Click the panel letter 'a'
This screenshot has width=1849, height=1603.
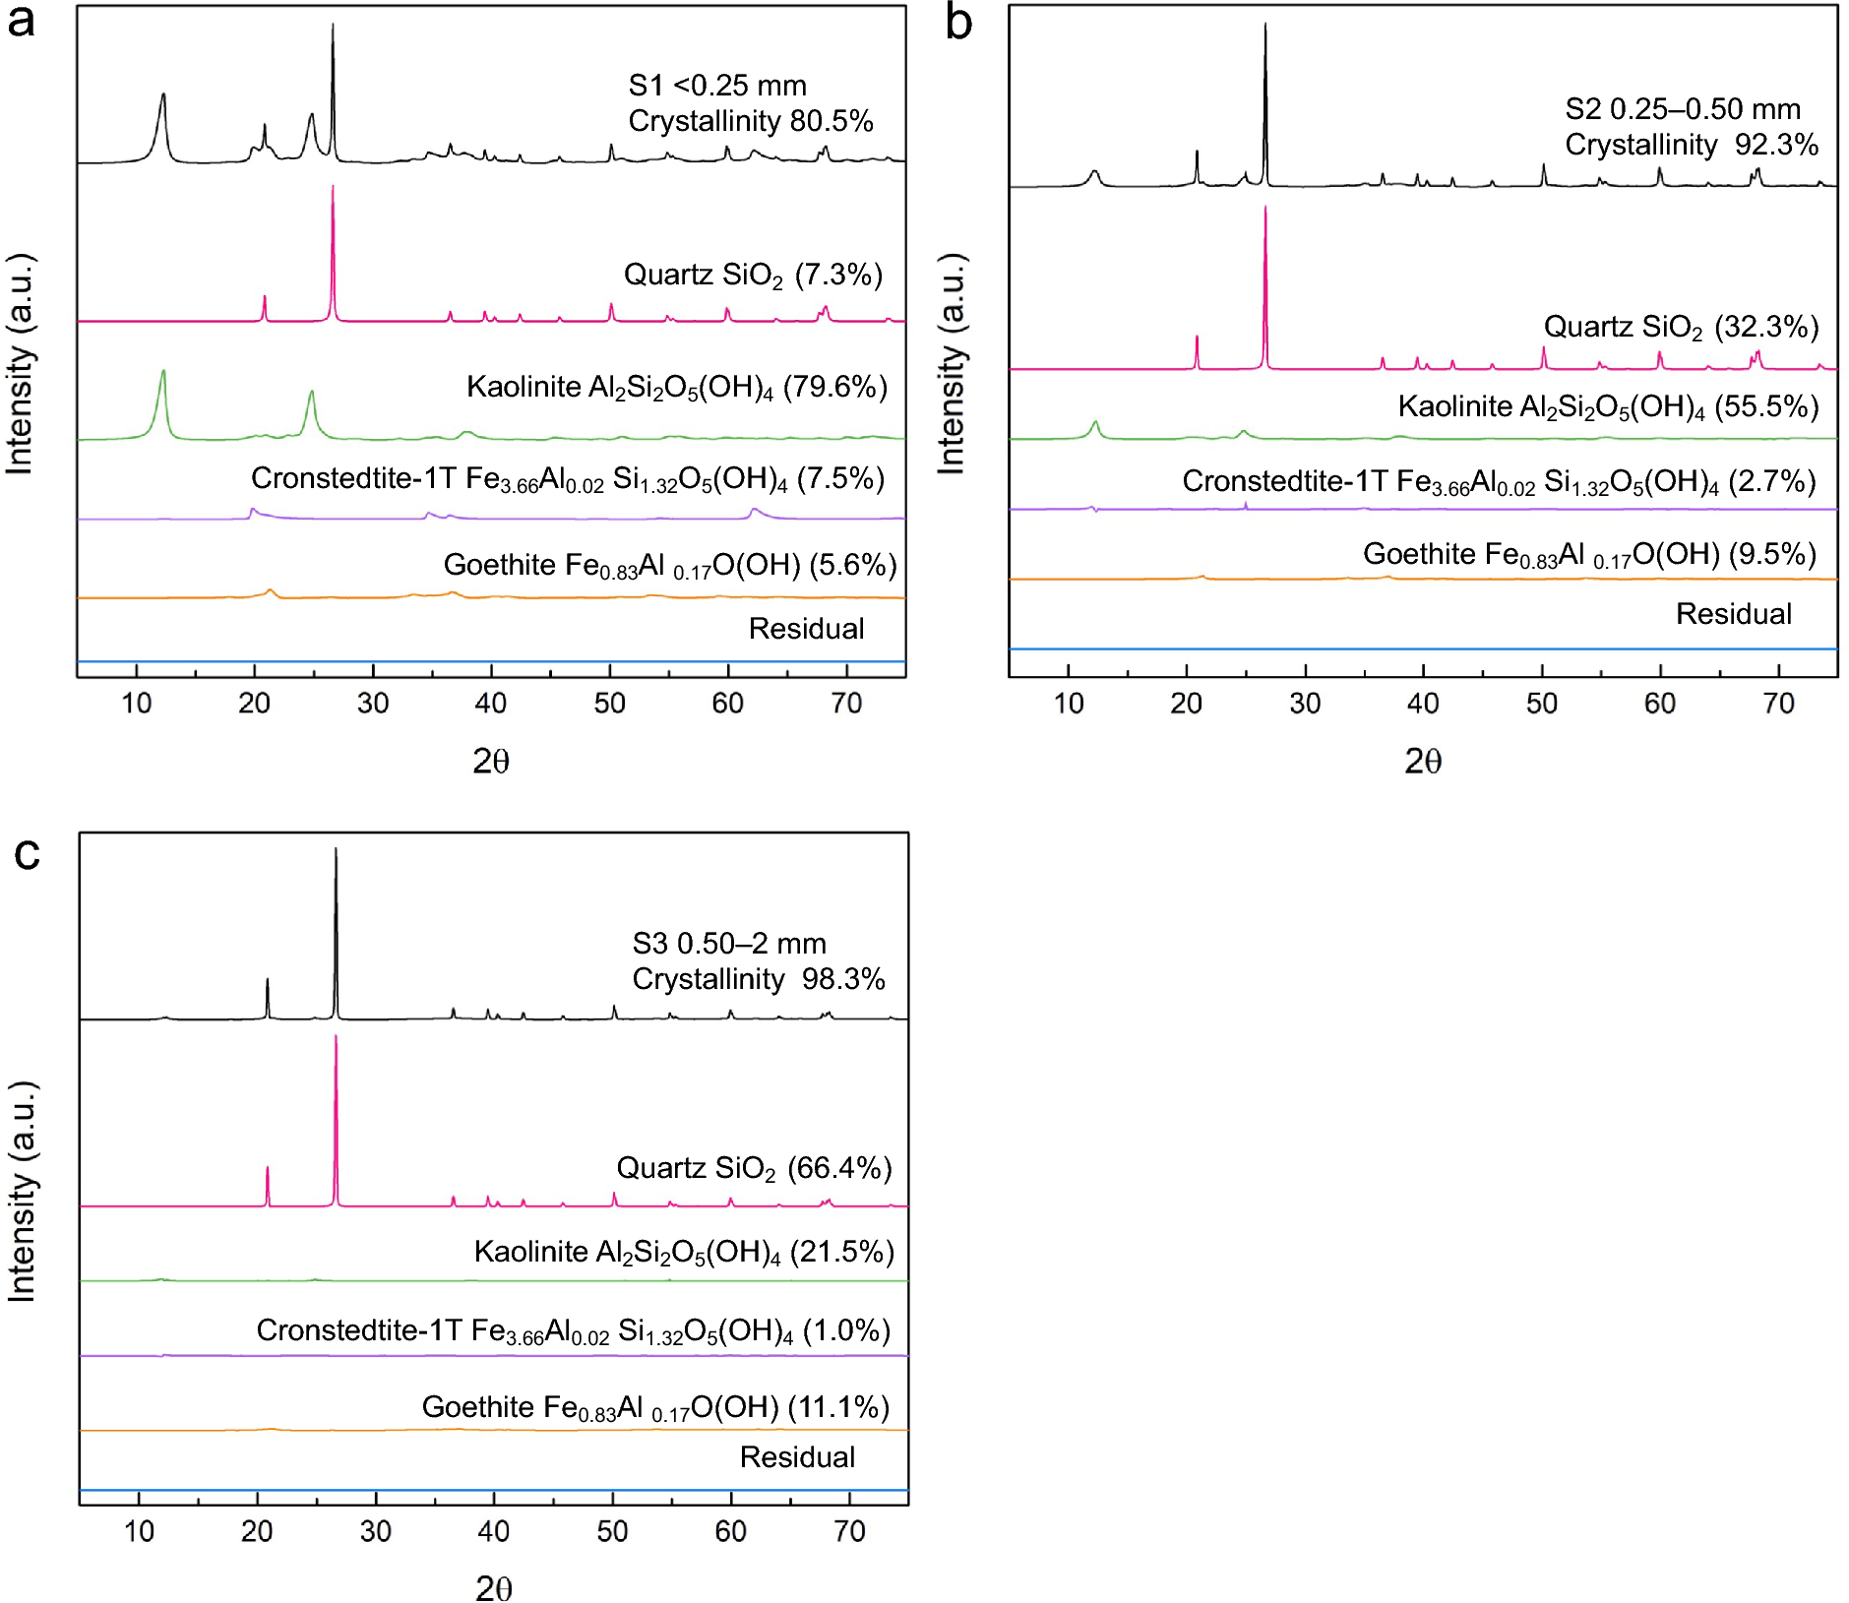pos(22,22)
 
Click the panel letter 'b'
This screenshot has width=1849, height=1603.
pos(958,24)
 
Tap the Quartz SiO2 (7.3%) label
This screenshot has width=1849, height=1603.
pos(753,275)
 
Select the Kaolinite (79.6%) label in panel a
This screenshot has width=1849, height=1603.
pos(676,387)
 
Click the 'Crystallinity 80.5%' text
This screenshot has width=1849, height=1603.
pos(750,121)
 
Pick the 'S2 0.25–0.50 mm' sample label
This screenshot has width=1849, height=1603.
pos(1683,108)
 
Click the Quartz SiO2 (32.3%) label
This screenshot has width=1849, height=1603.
pos(1681,327)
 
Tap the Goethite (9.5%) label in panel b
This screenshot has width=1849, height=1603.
pos(1589,554)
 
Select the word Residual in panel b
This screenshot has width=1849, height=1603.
pos(1733,614)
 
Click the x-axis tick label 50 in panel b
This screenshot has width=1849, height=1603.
pos(1542,704)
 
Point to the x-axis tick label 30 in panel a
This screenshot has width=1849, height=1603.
pos(373,704)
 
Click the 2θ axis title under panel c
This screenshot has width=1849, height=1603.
pos(493,1587)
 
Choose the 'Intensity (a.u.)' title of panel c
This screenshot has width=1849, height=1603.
pos(22,1191)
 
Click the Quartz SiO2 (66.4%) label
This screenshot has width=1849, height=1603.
pos(754,1168)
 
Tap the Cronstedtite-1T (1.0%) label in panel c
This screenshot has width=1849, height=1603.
pos(573,1330)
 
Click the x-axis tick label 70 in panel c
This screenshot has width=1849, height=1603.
pos(849,1531)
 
